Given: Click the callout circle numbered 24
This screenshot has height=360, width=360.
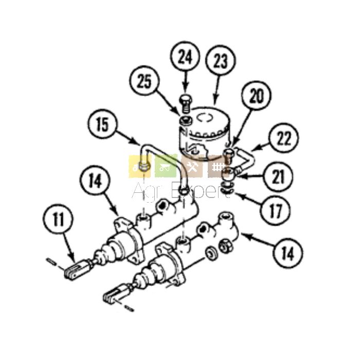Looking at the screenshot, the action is [185, 57].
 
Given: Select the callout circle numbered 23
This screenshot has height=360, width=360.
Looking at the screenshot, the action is [221, 60].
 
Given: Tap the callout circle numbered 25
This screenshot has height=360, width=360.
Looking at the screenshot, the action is [145, 81].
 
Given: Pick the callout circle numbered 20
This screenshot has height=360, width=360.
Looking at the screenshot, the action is [256, 96].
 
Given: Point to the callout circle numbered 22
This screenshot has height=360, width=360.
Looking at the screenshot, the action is [284, 138].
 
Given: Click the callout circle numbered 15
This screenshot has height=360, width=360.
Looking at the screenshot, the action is [102, 124].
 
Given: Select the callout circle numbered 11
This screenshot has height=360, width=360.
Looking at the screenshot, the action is [58, 219].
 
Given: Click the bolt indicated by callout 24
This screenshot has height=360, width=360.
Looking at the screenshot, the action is [186, 103].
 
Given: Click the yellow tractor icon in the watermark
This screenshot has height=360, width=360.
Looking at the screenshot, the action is [139, 167].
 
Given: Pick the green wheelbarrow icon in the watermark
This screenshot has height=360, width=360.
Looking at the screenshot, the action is [166, 167].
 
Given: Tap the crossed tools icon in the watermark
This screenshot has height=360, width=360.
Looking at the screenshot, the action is [192, 167].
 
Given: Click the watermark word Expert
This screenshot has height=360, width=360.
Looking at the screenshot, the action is [202, 191].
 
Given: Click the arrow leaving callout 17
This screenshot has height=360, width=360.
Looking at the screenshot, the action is [247, 200].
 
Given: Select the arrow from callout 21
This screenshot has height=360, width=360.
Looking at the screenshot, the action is [250, 176].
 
